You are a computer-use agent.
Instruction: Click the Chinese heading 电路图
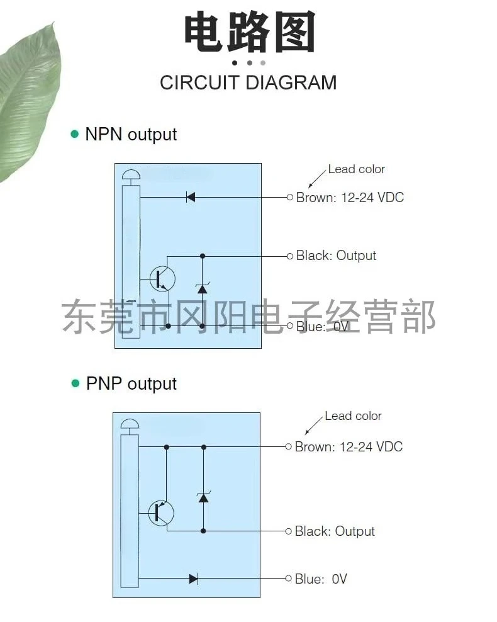tap(249, 31)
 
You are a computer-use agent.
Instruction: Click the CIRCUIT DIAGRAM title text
tap(248, 83)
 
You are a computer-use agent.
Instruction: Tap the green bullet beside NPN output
tap(74, 133)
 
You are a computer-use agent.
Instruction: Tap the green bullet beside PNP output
tap(75, 383)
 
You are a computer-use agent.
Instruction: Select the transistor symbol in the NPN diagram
tap(162, 279)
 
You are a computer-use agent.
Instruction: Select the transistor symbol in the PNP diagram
tap(161, 513)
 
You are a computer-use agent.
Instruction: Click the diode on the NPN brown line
tap(191, 197)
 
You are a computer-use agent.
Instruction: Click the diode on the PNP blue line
tap(194, 579)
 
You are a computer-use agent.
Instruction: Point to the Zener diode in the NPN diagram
tap(202, 288)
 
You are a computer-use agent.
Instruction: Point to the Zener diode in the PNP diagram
tap(203, 497)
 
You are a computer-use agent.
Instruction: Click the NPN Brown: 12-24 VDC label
tap(350, 197)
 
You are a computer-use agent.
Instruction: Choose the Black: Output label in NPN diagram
tap(336, 256)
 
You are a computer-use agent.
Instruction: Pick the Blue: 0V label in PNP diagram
tap(321, 579)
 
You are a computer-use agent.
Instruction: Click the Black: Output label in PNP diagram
tap(335, 531)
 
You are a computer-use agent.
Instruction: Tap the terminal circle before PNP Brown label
tap(289, 447)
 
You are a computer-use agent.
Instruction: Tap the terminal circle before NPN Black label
tap(290, 256)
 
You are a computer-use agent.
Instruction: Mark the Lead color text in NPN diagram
tap(356, 169)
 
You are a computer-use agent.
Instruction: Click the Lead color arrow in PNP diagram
tap(314, 426)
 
